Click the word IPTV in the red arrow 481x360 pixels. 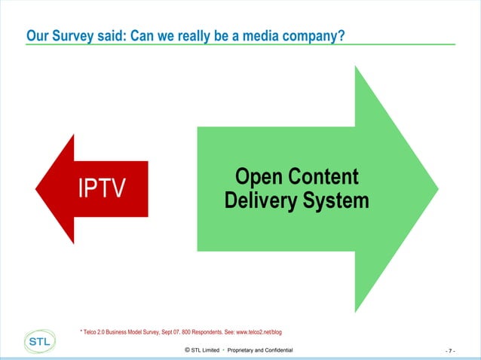tap(100, 188)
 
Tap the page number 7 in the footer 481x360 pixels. tap(451, 351)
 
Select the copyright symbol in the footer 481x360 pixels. tap(187, 350)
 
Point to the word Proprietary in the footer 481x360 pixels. tap(240, 351)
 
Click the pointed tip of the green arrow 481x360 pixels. tap(438, 189)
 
